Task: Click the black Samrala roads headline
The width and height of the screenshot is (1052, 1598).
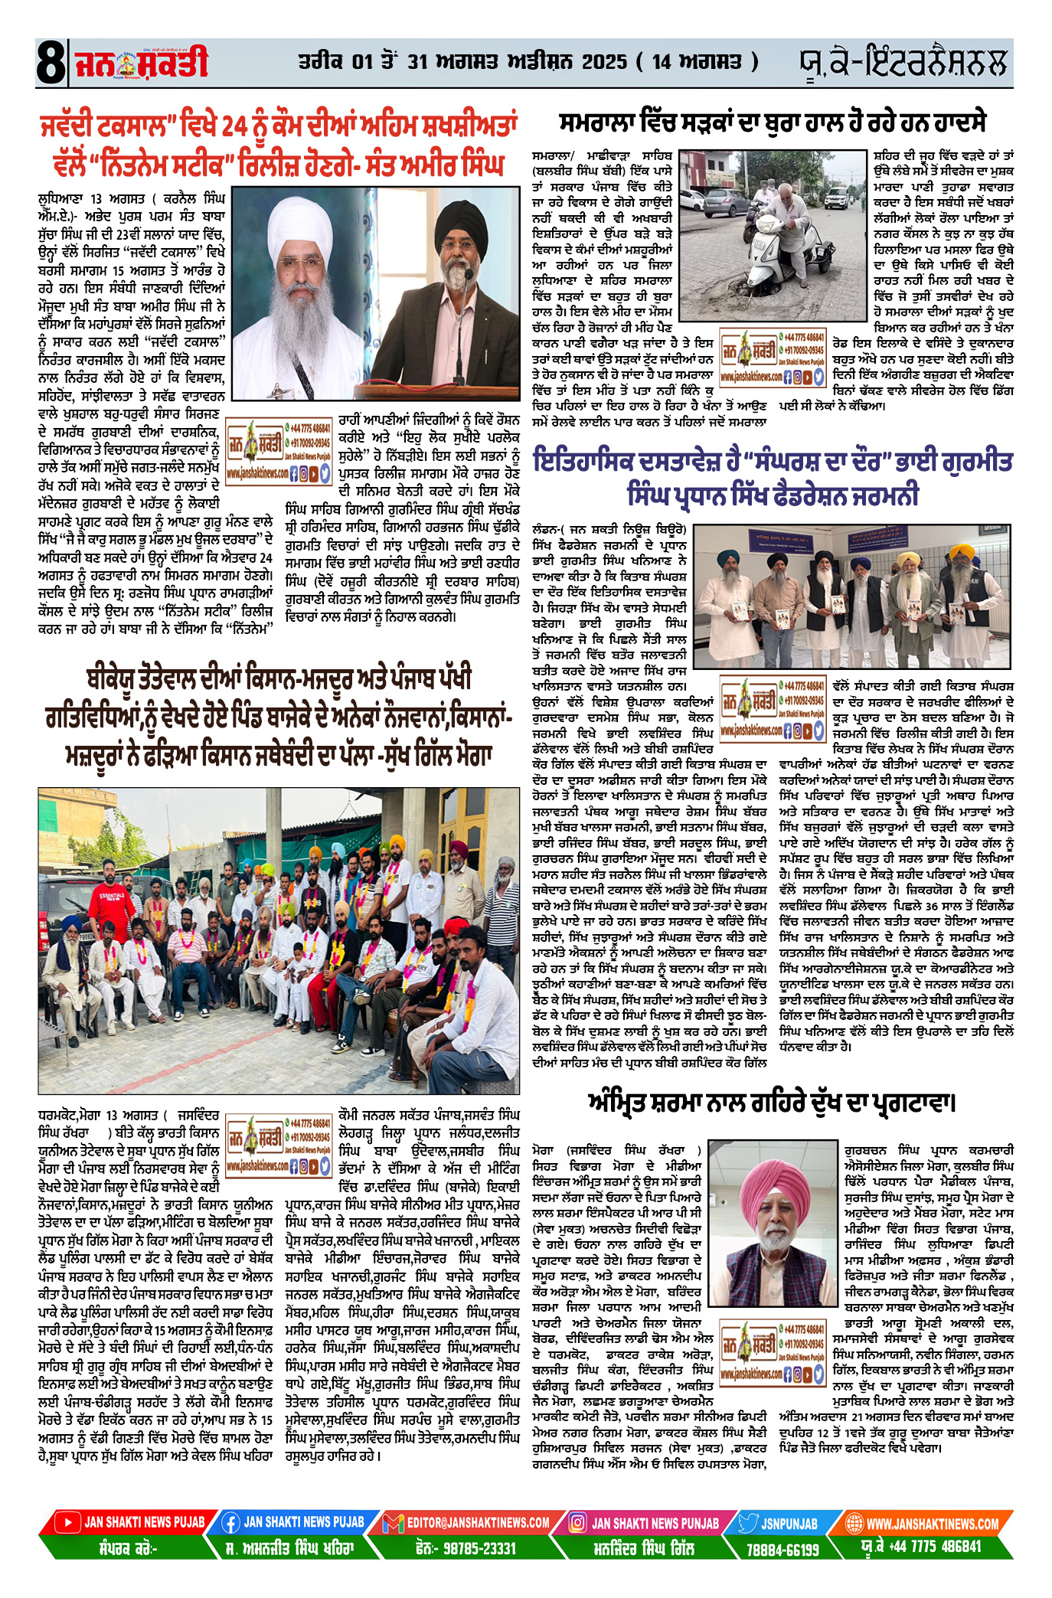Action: pyautogui.click(x=773, y=123)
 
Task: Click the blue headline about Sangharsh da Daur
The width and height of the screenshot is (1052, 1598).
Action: pyautogui.click(x=773, y=478)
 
